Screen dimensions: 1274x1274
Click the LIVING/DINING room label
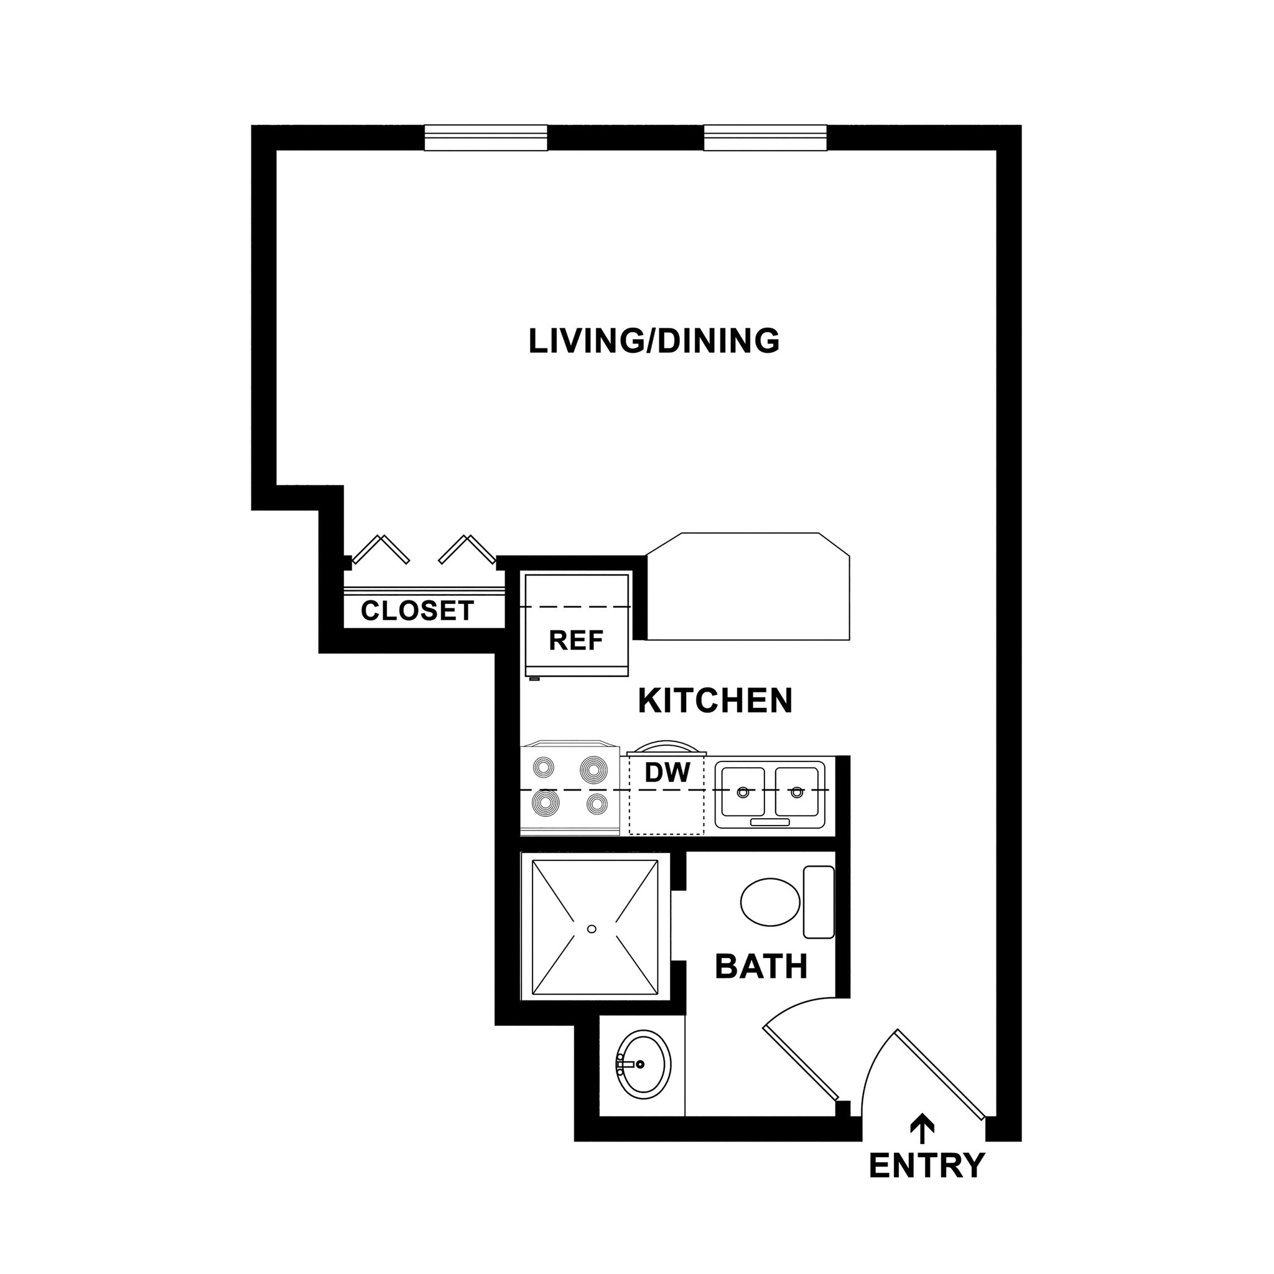(x=654, y=341)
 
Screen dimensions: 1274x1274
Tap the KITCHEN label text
(x=715, y=701)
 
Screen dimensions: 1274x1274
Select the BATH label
(x=761, y=967)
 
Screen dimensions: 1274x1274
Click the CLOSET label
(x=417, y=611)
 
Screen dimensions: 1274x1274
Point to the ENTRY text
(x=926, y=1165)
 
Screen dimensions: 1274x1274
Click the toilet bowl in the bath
(x=770, y=901)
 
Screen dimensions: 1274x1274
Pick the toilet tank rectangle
(x=819, y=902)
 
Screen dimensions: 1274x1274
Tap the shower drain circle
(x=592, y=929)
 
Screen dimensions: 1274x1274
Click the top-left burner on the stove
(x=545, y=768)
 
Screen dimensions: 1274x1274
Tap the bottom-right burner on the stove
(x=597, y=803)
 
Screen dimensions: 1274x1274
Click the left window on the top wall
(x=486, y=139)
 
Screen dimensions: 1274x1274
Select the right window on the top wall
(x=765, y=139)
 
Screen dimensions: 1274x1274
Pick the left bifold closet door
(x=381, y=549)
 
